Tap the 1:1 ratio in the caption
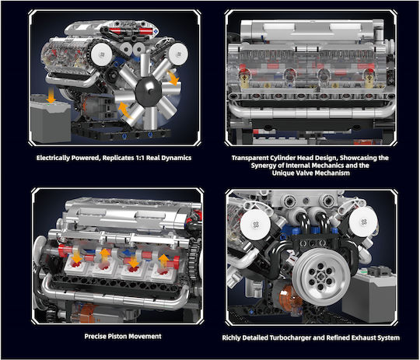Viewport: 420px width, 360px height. click(x=140, y=158)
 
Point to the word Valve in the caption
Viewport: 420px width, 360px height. click(x=303, y=173)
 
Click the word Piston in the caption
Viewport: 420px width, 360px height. click(x=117, y=336)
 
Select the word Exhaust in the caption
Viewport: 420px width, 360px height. click(x=363, y=337)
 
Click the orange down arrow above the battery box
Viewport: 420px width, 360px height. click(x=51, y=96)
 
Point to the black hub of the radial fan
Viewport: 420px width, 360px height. click(x=148, y=91)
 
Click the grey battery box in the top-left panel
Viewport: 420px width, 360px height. click(x=51, y=120)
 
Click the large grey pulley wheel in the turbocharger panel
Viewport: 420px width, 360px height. click(x=321, y=276)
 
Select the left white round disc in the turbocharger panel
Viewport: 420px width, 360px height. click(x=255, y=224)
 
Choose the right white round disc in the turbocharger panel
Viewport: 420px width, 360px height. click(x=363, y=222)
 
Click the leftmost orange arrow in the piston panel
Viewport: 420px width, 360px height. click(x=77, y=256)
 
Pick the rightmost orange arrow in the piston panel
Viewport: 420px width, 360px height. click(x=163, y=261)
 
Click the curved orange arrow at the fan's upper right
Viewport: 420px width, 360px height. click(x=173, y=78)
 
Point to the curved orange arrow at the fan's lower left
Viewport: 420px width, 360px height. click(x=124, y=110)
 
